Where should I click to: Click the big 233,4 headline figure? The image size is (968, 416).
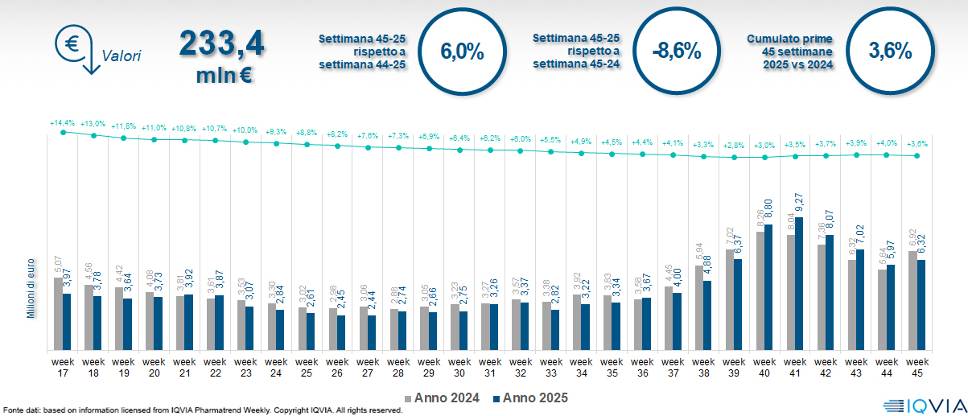pos(220,45)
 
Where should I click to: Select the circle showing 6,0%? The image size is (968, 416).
pos(462,51)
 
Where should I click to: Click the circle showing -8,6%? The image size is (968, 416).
pos(676,51)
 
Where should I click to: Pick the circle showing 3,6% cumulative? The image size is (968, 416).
pos(890,51)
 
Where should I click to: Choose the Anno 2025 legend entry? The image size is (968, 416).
pos(530,397)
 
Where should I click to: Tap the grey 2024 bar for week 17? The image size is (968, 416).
pos(58,314)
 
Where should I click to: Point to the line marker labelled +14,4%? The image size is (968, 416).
pos(63,131)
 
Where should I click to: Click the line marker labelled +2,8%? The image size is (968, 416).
pos(734,157)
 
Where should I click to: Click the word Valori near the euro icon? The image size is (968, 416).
pos(122,56)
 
